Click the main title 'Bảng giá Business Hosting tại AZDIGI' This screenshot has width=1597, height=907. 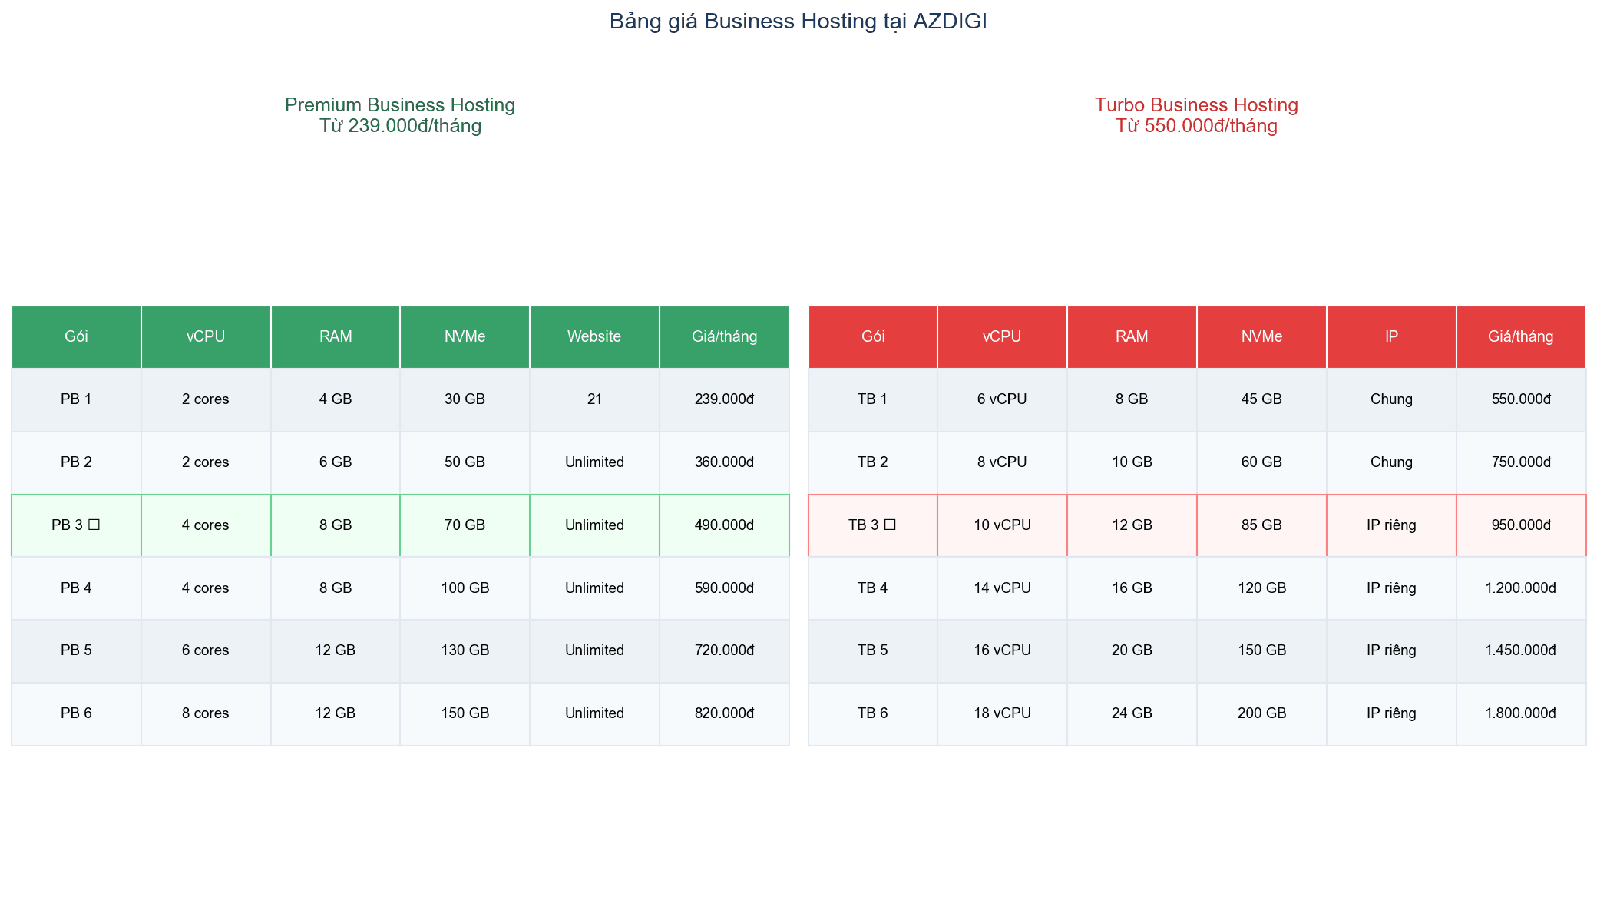pyautogui.click(x=798, y=22)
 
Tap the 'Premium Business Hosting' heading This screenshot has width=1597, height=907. pyautogui.click(x=399, y=105)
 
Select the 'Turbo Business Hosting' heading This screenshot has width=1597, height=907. pyautogui.click(x=1196, y=105)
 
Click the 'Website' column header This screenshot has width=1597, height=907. pyautogui.click(x=594, y=336)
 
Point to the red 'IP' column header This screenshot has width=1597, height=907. pyautogui.click(x=1391, y=336)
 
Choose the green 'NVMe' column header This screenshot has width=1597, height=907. pyautogui.click(x=465, y=336)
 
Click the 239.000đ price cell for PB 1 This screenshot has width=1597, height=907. pyautogui.click(x=724, y=399)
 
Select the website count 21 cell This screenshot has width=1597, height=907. pyautogui.click(x=594, y=399)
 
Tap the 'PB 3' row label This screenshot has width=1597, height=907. pyautogui.click(x=76, y=525)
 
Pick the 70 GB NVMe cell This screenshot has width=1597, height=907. pyautogui.click(x=465, y=525)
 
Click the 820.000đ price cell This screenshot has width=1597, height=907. pyautogui.click(x=724, y=713)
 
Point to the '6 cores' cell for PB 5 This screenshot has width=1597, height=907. pyautogui.click(x=206, y=650)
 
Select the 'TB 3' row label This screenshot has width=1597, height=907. pyautogui.click(x=872, y=525)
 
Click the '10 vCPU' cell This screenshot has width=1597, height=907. pyautogui.click(x=1002, y=525)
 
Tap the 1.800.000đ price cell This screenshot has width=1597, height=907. pyautogui.click(x=1520, y=713)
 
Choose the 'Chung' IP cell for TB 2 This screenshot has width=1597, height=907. pyautogui.click(x=1391, y=462)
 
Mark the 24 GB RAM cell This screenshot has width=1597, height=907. pyautogui.click(x=1132, y=713)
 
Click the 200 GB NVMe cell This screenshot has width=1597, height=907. pyautogui.click(x=1261, y=713)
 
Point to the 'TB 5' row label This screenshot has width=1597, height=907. pyautogui.click(x=872, y=650)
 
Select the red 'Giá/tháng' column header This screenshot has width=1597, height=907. pyautogui.click(x=1520, y=336)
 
